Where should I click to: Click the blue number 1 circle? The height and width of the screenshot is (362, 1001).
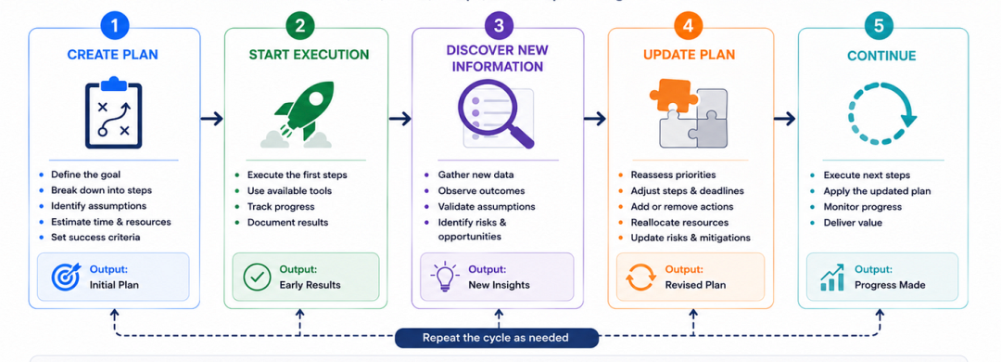pos(114,26)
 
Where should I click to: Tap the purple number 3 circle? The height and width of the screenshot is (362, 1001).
pos(498,26)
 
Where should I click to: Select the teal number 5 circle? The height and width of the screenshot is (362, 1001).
pos(880,26)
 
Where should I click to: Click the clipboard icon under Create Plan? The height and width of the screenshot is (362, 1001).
pos(114,112)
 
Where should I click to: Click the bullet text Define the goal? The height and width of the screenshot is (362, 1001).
pos(85,174)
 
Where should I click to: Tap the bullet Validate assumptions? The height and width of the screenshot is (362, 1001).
pos(487,206)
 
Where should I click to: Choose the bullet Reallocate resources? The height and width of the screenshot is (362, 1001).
pos(679,222)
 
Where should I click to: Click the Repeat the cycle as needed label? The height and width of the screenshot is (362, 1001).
pos(495,338)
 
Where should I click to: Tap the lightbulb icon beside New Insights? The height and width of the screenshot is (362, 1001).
pos(444,278)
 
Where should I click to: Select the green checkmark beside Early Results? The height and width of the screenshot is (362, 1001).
pos(257,277)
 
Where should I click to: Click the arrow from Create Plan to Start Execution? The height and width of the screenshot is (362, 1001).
pos(211,118)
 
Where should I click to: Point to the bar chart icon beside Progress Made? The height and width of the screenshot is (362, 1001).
pos(831,278)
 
